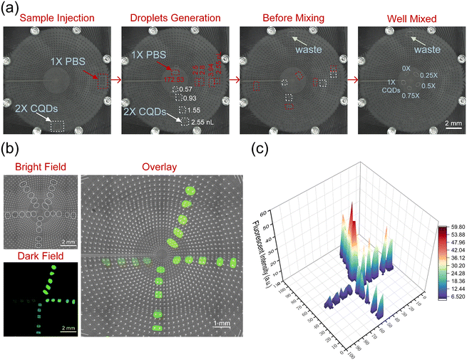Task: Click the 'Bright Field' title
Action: (36, 168)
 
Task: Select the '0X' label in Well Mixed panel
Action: (406, 68)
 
